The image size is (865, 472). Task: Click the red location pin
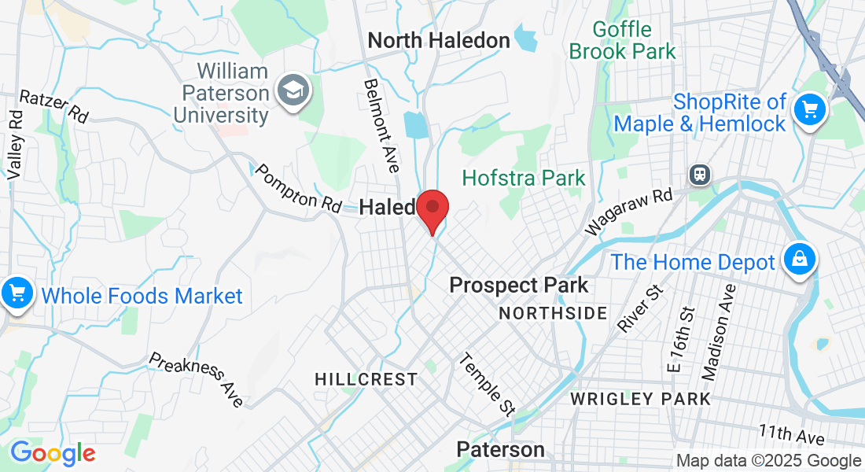click(432, 210)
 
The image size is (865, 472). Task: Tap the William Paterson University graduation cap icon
click(293, 91)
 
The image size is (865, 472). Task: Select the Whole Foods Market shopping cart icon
click(15, 294)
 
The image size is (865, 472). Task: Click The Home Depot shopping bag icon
click(799, 260)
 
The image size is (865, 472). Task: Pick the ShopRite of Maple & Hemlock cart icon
click(809, 109)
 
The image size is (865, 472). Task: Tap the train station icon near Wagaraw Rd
click(698, 174)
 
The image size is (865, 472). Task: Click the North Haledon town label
click(439, 40)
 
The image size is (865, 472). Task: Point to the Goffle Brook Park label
click(622, 41)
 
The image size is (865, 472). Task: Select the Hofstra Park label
click(524, 178)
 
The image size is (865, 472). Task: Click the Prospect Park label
click(518, 285)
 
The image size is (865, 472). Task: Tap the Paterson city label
click(501, 450)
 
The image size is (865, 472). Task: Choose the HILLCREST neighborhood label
click(366, 379)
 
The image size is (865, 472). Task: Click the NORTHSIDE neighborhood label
click(554, 313)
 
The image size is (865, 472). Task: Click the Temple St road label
click(487, 385)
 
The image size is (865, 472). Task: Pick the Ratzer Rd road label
click(53, 106)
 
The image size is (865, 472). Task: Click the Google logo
click(53, 453)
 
